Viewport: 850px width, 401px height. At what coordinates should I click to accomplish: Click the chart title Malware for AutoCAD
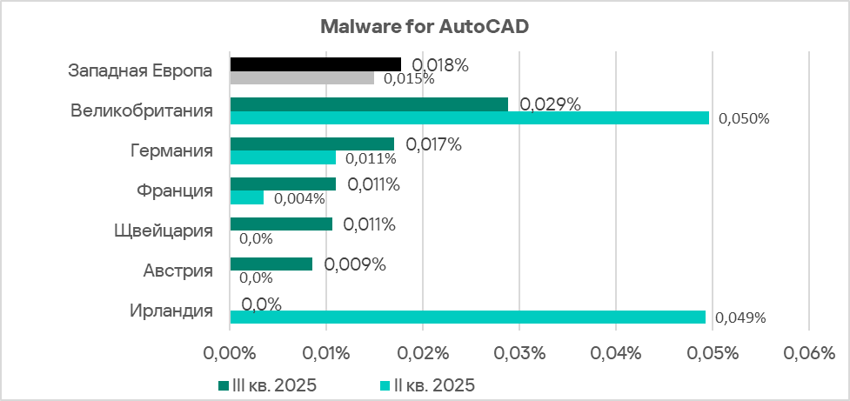click(x=425, y=26)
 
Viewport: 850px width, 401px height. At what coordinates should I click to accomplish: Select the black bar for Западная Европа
click(x=315, y=64)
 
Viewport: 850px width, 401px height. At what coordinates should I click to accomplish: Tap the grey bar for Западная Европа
click(x=302, y=78)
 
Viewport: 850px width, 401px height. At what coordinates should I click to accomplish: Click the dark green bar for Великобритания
click(x=369, y=104)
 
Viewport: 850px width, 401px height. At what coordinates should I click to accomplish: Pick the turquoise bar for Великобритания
click(x=470, y=118)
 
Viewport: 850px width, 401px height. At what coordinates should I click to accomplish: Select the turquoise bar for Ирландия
click(x=467, y=317)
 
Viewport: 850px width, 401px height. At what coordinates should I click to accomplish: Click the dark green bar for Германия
click(x=311, y=144)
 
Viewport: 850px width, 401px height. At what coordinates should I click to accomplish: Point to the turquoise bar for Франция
click(x=247, y=197)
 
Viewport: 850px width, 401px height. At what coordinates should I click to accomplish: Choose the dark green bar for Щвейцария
click(x=281, y=224)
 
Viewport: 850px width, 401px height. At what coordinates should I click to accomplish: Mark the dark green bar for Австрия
click(x=271, y=264)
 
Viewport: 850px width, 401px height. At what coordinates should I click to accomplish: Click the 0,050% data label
click(x=744, y=119)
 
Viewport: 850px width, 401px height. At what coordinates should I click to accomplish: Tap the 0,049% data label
click(x=740, y=318)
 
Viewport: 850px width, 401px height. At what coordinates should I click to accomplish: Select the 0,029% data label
click(x=550, y=104)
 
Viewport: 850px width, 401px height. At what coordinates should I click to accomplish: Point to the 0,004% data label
click(x=299, y=198)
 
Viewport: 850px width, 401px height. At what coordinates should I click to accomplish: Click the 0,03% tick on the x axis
click(x=519, y=354)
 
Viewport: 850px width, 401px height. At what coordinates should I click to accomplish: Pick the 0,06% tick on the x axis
click(x=808, y=354)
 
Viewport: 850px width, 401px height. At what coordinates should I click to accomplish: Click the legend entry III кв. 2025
click(x=266, y=384)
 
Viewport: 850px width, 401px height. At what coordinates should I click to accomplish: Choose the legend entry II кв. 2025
click(x=430, y=384)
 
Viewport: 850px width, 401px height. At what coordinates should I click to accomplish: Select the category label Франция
click(x=175, y=190)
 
